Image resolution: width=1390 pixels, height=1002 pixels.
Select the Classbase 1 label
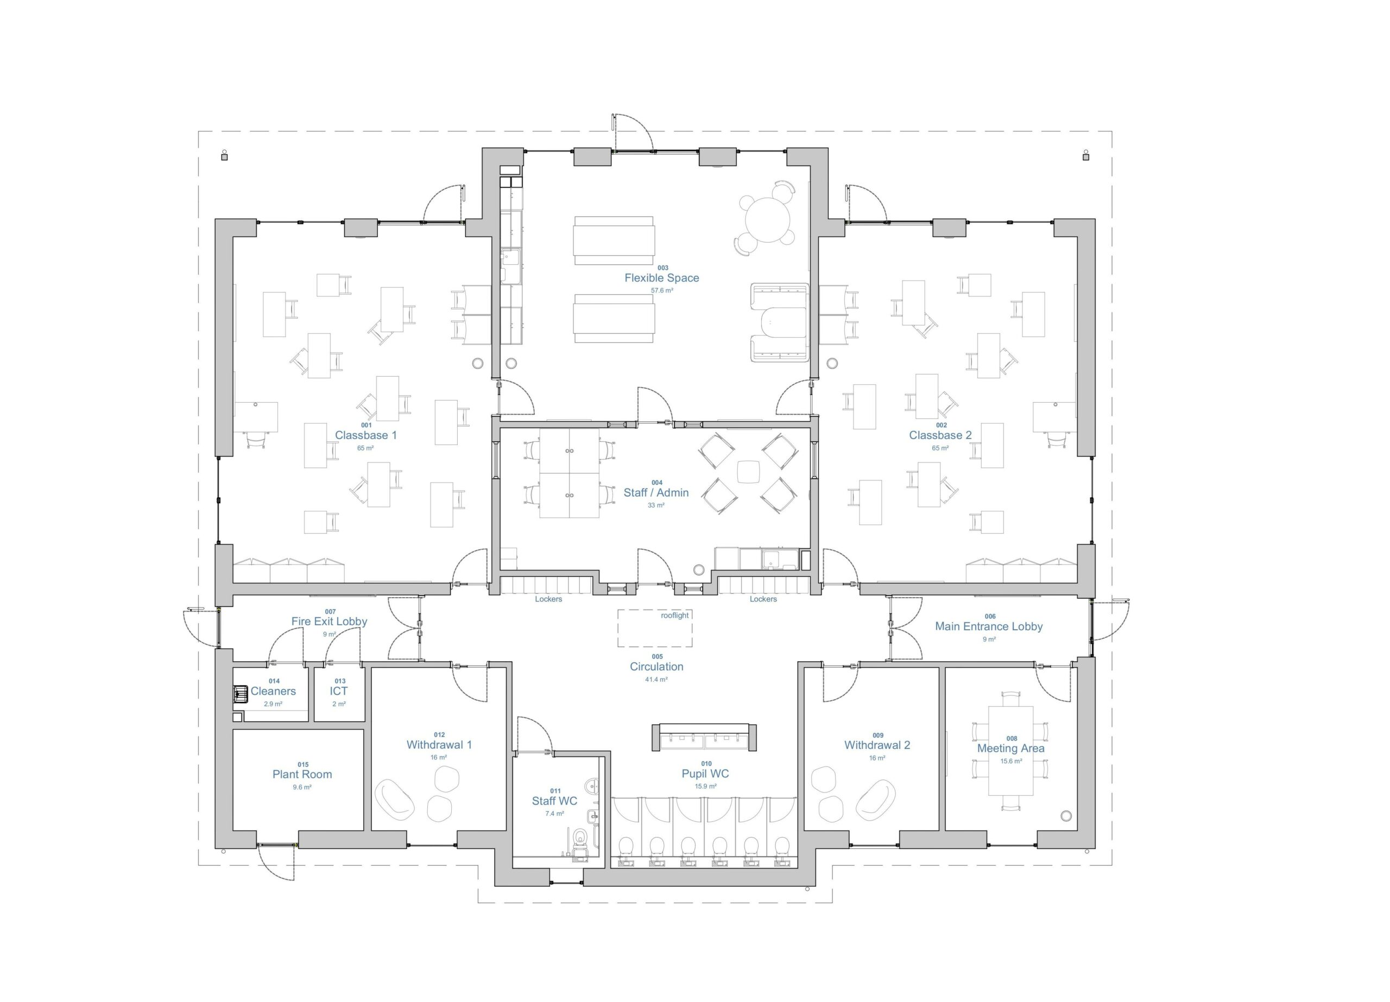pos(366,436)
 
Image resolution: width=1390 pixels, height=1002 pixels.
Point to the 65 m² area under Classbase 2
pos(940,448)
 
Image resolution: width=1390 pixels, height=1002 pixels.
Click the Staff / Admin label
pos(656,493)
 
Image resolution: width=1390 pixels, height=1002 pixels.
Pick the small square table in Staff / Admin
pos(748,472)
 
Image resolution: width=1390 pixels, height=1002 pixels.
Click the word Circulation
pos(656,667)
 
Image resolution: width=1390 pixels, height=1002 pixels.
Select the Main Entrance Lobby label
pos(989,626)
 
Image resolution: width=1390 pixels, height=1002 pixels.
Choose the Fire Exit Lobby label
pos(329,622)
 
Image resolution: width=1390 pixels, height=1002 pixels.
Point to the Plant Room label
pos(302,775)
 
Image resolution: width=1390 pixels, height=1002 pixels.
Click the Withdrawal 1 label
pos(439,745)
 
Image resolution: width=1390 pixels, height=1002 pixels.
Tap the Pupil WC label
pos(705,774)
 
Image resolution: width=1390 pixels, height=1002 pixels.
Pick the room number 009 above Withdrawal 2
pos(877,735)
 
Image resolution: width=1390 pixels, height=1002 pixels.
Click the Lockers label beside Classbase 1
pos(548,599)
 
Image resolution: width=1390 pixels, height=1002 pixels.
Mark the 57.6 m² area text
pos(662,291)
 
